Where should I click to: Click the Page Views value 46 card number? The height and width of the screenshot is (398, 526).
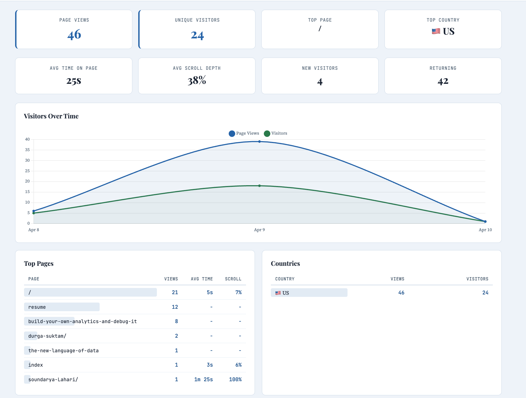pos(74,35)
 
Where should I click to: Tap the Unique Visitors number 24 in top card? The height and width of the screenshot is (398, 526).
pos(197,35)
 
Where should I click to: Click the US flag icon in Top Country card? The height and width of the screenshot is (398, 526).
pos(436,31)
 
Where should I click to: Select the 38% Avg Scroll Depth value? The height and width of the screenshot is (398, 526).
pos(197,81)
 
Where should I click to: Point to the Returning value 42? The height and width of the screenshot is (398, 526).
pos(443,81)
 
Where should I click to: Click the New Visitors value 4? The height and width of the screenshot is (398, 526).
pos(320,82)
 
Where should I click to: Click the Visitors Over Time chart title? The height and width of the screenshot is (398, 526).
pos(51,116)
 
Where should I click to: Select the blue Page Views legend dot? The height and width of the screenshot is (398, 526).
pos(232,134)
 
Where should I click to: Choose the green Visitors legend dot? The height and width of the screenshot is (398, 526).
pos(267,134)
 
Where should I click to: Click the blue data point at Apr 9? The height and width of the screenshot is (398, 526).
pos(259,141)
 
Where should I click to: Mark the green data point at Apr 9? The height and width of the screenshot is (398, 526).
pos(259,186)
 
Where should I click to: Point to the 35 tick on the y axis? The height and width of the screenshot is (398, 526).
pos(27,150)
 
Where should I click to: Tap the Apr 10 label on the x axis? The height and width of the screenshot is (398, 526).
pos(485,230)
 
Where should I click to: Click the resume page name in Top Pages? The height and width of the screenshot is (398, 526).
pos(37,307)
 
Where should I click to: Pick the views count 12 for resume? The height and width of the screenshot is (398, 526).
pos(175,307)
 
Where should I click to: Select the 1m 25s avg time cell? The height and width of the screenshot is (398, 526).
pos(203,380)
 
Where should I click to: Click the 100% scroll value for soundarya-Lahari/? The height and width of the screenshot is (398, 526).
pos(235,380)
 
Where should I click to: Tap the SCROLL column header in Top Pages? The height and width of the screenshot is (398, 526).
pos(233,279)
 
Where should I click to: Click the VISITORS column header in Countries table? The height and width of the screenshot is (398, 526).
pos(477,279)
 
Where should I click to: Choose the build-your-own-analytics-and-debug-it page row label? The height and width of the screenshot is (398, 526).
pos(82,321)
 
